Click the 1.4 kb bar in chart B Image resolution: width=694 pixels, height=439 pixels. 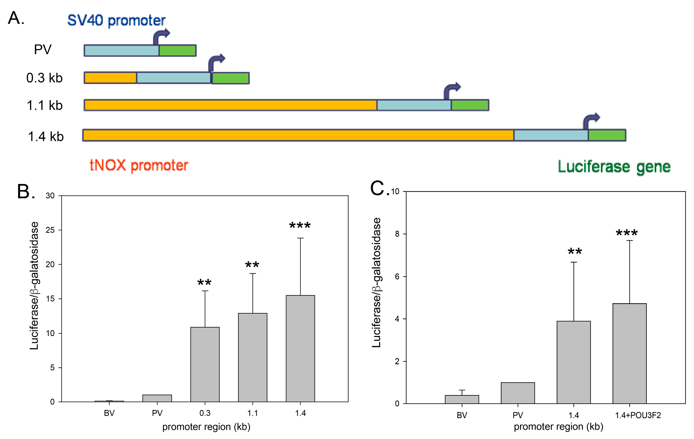click(x=300, y=349)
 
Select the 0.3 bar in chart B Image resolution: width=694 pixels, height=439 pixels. click(x=205, y=364)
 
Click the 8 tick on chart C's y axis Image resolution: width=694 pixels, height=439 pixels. click(x=397, y=234)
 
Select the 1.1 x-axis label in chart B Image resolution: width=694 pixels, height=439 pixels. click(x=253, y=413)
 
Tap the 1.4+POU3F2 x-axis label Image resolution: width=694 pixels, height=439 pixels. click(x=638, y=415)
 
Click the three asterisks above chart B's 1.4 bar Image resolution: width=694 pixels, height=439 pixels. click(x=300, y=225)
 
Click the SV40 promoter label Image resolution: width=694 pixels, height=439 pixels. click(x=116, y=20)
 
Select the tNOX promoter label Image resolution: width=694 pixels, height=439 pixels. click(x=139, y=166)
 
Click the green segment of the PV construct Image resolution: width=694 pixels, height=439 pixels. click(x=178, y=50)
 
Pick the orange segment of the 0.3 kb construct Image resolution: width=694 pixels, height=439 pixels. click(x=110, y=78)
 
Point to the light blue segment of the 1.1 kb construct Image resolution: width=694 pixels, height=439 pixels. click(x=414, y=105)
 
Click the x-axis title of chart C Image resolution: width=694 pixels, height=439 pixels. click(x=558, y=427)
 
